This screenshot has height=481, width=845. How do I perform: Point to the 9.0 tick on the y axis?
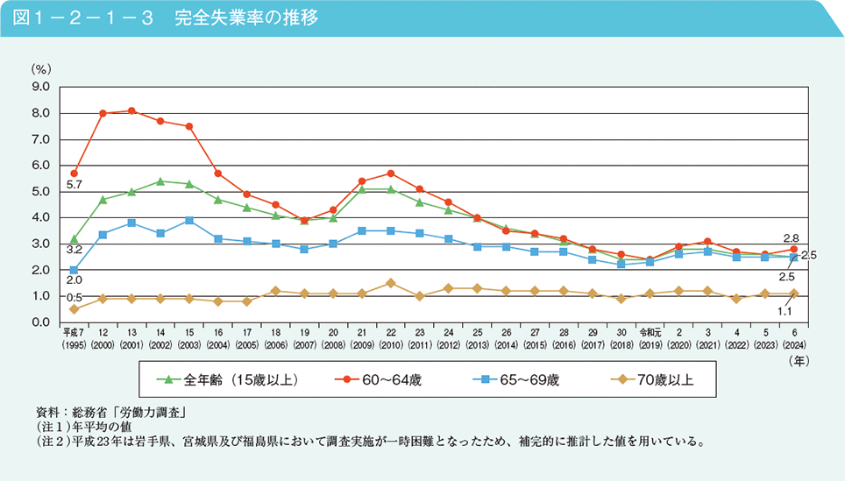tap(40, 87)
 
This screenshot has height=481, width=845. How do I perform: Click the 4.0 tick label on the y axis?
tap(40, 217)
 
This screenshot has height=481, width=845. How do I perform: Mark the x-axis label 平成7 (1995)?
tap(74, 337)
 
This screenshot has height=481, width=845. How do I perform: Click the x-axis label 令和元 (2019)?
tap(649, 337)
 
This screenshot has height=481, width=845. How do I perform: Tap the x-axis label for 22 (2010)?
tap(390, 337)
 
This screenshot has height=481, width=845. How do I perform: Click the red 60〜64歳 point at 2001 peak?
tap(131, 110)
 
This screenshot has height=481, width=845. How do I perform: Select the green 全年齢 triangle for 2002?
tap(160, 181)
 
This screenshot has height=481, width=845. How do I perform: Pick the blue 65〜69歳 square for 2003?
tap(188, 220)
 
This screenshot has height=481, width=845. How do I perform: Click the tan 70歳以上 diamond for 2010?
tap(390, 283)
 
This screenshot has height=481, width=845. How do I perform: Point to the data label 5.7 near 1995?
tap(74, 186)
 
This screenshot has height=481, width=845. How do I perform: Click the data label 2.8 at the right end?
tap(791, 237)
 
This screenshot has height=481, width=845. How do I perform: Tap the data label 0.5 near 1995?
tap(74, 297)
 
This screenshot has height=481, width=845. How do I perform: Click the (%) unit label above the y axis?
tap(41, 68)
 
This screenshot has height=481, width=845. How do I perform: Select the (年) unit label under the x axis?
tap(798, 359)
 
